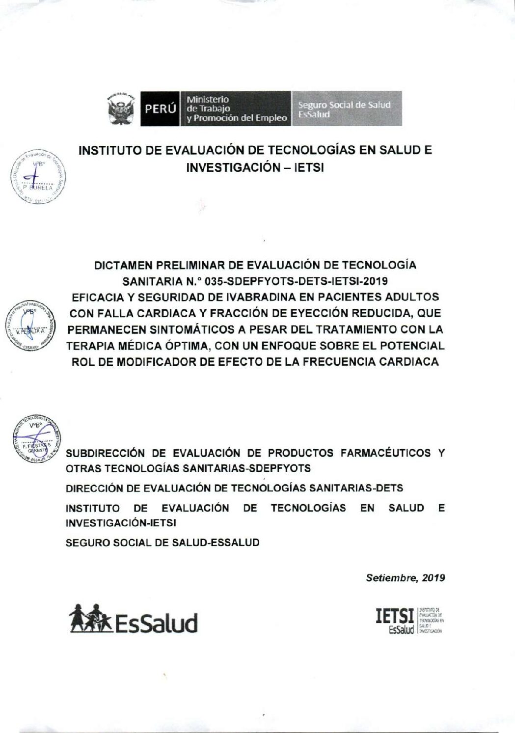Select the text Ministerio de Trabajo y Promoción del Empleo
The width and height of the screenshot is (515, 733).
click(236, 109)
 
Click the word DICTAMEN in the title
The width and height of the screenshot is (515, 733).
click(123, 265)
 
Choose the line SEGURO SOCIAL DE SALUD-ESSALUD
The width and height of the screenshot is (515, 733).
click(162, 543)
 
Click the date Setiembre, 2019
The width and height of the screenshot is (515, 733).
click(406, 578)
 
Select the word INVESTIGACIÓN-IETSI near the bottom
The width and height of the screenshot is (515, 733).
click(121, 523)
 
